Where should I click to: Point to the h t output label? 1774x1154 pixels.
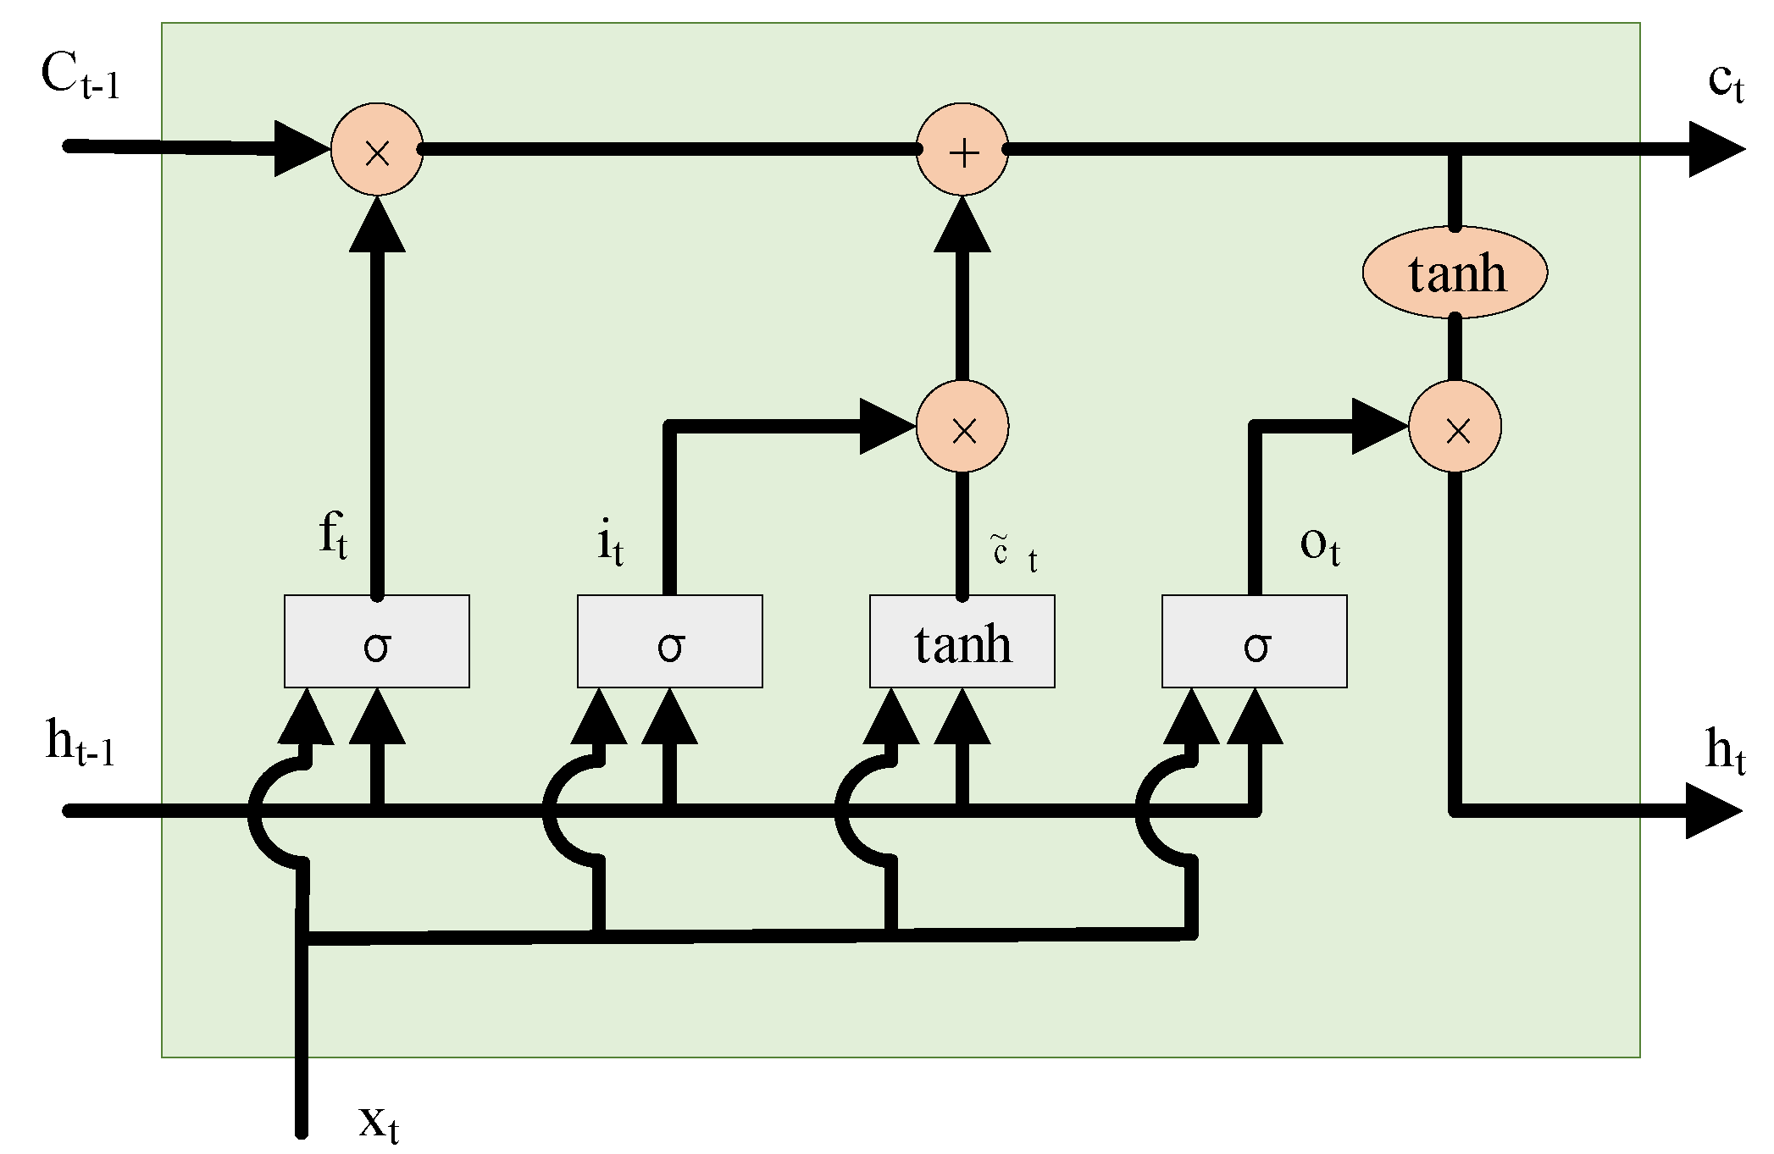point(1725,750)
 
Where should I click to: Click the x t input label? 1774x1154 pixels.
point(378,1123)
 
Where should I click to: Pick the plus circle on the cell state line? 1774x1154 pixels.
point(962,150)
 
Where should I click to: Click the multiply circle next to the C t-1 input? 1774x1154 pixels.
point(377,150)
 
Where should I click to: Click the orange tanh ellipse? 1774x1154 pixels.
point(1455,273)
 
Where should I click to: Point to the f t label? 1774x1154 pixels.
point(333,537)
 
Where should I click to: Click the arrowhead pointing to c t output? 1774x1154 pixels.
point(1715,150)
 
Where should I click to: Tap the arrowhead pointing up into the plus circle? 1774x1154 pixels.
point(962,224)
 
